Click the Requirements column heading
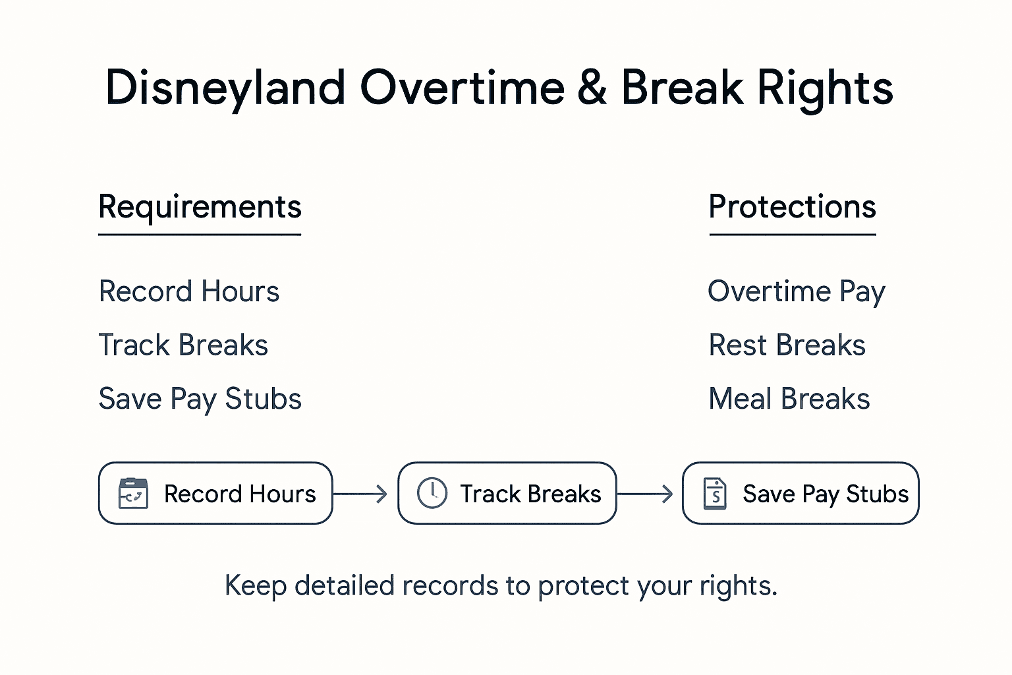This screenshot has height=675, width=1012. click(x=200, y=207)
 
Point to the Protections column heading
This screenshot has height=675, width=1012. click(x=792, y=207)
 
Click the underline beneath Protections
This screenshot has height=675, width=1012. click(x=792, y=234)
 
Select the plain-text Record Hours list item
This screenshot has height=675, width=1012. click(x=189, y=291)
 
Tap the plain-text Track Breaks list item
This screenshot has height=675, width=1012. click(x=183, y=345)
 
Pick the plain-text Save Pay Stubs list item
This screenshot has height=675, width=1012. click(x=200, y=399)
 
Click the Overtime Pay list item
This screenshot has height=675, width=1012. click(x=796, y=291)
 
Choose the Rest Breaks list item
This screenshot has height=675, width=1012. click(x=787, y=345)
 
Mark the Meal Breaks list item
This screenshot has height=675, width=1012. click(x=789, y=399)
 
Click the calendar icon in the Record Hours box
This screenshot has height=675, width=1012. click(x=133, y=493)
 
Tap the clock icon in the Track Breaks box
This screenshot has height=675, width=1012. click(x=432, y=493)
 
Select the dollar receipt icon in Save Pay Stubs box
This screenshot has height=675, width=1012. click(x=716, y=493)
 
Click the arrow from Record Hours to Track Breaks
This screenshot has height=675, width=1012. click(x=360, y=494)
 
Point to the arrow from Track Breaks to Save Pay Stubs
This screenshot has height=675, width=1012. click(x=645, y=494)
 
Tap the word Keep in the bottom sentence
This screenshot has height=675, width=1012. click(x=256, y=585)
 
